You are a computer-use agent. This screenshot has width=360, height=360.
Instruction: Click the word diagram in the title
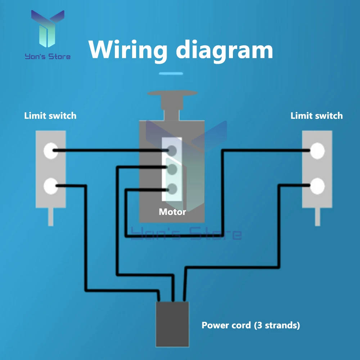tap(224, 50)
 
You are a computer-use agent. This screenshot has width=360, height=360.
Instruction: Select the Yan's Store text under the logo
tap(47, 56)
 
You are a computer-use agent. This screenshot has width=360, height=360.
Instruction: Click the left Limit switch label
tap(50, 116)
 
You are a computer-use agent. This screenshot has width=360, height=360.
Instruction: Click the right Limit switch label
tap(316, 116)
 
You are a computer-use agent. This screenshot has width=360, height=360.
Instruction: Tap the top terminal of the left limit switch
tap(50, 150)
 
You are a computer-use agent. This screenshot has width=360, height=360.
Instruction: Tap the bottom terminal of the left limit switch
tap(50, 186)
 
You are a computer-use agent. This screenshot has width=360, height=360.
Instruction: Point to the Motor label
tap(172, 212)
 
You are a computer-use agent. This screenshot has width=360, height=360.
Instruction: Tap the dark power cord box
tap(172, 324)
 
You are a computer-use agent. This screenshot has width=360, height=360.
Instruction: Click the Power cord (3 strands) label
tap(251, 325)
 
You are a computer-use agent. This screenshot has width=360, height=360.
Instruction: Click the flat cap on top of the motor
tap(172, 95)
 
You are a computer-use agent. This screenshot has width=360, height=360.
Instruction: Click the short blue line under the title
tap(171, 74)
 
